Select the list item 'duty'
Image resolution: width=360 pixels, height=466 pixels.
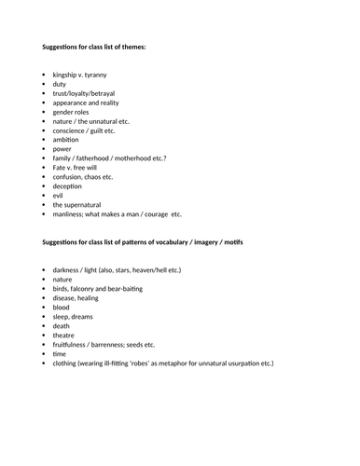click(60, 84)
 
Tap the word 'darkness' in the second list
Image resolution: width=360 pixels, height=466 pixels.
click(68, 268)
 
